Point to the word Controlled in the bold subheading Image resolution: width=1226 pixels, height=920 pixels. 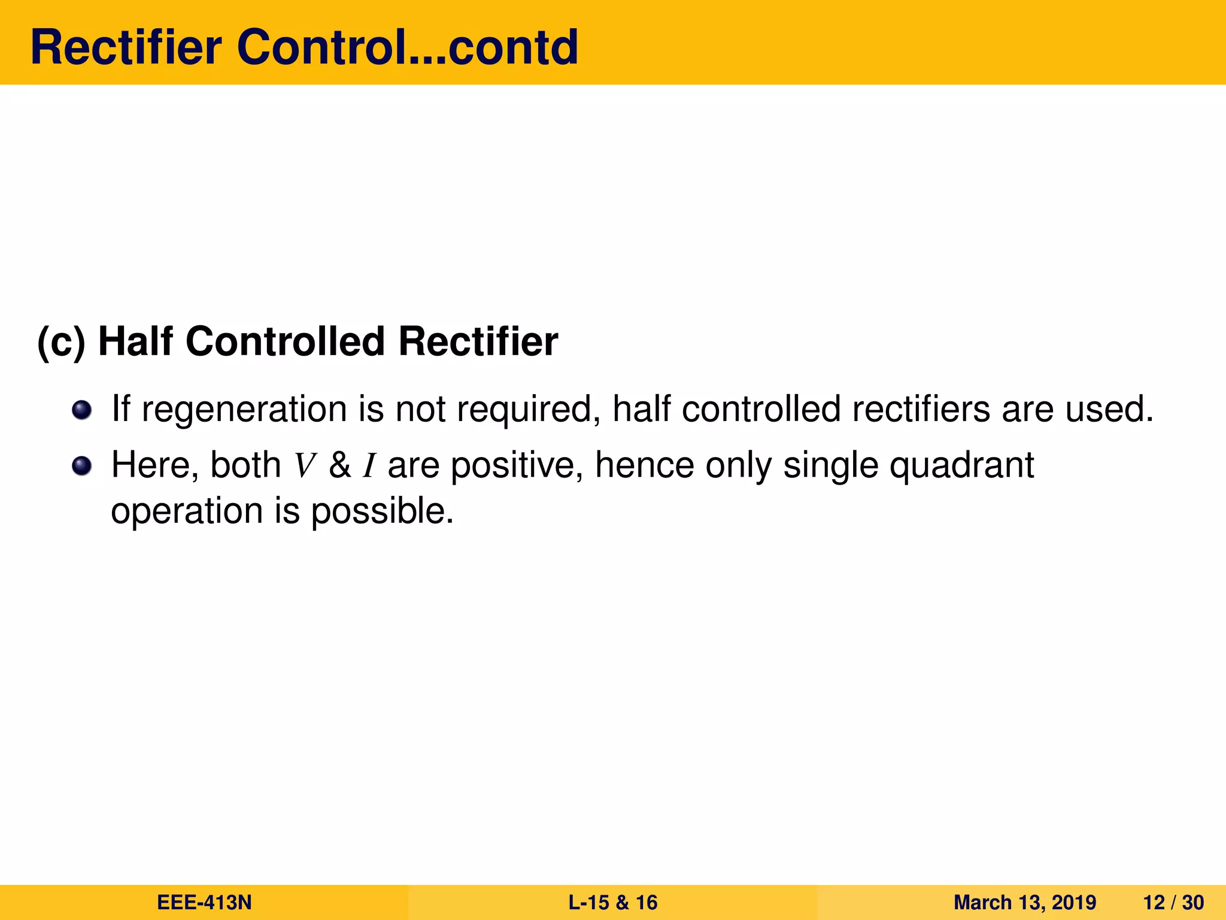pyautogui.click(x=285, y=341)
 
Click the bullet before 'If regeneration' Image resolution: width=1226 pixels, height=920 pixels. pyautogui.click(x=81, y=410)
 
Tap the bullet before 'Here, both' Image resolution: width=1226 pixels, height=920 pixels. pyautogui.click(x=81, y=466)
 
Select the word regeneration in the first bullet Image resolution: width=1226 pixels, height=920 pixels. pyautogui.click(x=244, y=410)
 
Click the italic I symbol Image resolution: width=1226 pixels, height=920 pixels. pyautogui.click(x=369, y=466)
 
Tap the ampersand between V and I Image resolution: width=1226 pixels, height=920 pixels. pyautogui.click(x=339, y=465)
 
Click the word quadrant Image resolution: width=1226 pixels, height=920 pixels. pyautogui.click(x=961, y=466)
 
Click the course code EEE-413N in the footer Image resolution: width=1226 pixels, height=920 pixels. pyautogui.click(x=204, y=902)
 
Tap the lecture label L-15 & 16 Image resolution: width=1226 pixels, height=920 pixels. pyautogui.click(x=612, y=902)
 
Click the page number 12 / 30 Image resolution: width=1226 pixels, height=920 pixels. pyautogui.click(x=1173, y=902)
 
